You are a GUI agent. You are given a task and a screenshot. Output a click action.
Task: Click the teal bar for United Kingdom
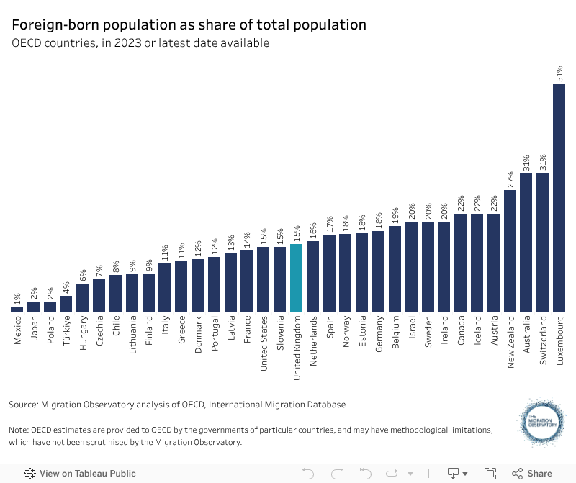coord(296,278)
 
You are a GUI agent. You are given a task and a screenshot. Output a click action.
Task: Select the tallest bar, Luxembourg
coord(559,198)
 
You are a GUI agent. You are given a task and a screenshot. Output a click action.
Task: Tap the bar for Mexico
coord(17,310)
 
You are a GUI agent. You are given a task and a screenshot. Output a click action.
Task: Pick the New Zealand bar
coord(510,250)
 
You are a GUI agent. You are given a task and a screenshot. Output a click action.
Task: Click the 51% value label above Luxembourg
coord(559,73)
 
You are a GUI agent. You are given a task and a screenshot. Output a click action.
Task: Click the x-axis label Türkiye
coord(66,330)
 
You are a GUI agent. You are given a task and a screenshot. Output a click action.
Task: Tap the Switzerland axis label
coord(543,339)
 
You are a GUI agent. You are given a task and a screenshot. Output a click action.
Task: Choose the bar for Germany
coord(378,271)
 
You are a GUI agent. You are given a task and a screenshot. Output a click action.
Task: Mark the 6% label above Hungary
coord(83,275)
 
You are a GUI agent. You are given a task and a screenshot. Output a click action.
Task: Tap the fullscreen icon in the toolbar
coord(490,474)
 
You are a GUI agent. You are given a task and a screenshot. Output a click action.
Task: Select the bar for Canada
coord(461,263)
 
